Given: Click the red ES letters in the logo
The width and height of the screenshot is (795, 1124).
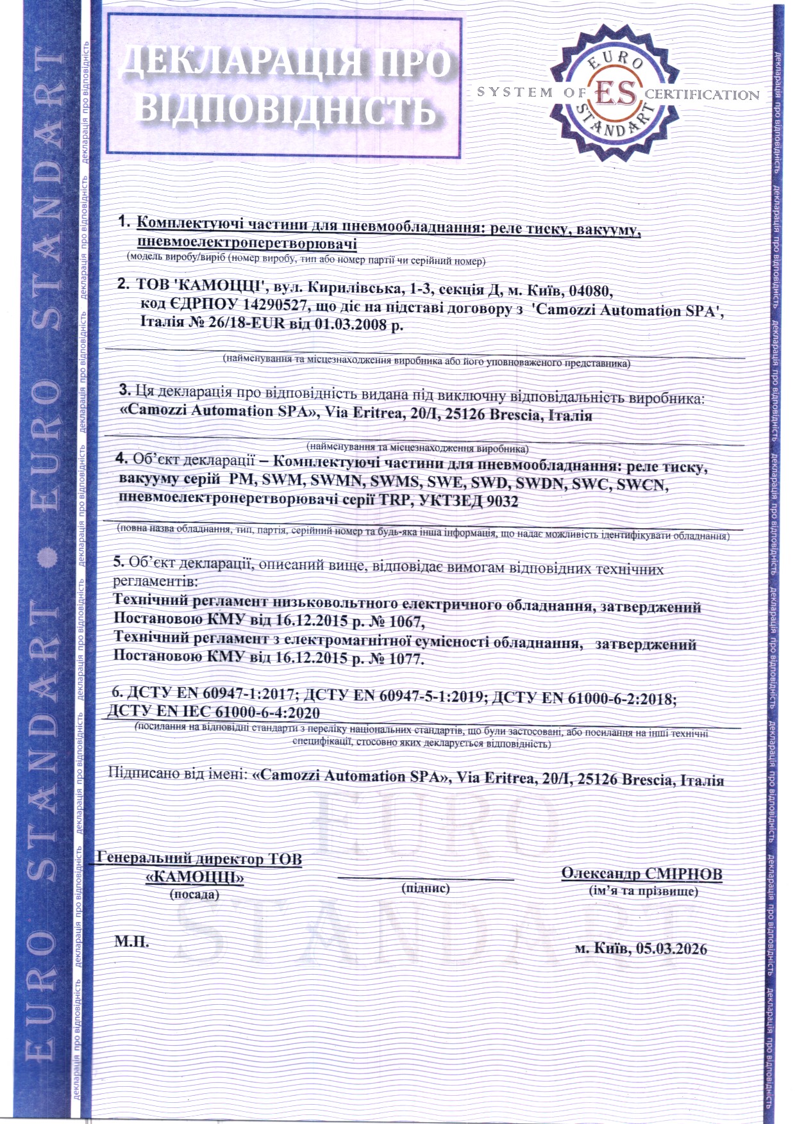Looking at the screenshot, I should [616, 93].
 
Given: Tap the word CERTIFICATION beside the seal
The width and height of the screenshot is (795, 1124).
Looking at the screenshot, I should [702, 95].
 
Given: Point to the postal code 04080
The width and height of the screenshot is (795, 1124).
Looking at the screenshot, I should [590, 290].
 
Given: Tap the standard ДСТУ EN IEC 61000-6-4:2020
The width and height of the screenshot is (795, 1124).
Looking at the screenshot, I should [213, 712].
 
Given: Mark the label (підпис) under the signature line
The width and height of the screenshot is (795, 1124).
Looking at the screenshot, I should [425, 888].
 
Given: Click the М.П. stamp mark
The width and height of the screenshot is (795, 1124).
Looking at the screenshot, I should [131, 942].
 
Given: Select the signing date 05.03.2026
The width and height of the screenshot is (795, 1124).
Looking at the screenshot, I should [672, 948].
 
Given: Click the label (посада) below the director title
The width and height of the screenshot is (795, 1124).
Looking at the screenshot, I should [194, 894].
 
